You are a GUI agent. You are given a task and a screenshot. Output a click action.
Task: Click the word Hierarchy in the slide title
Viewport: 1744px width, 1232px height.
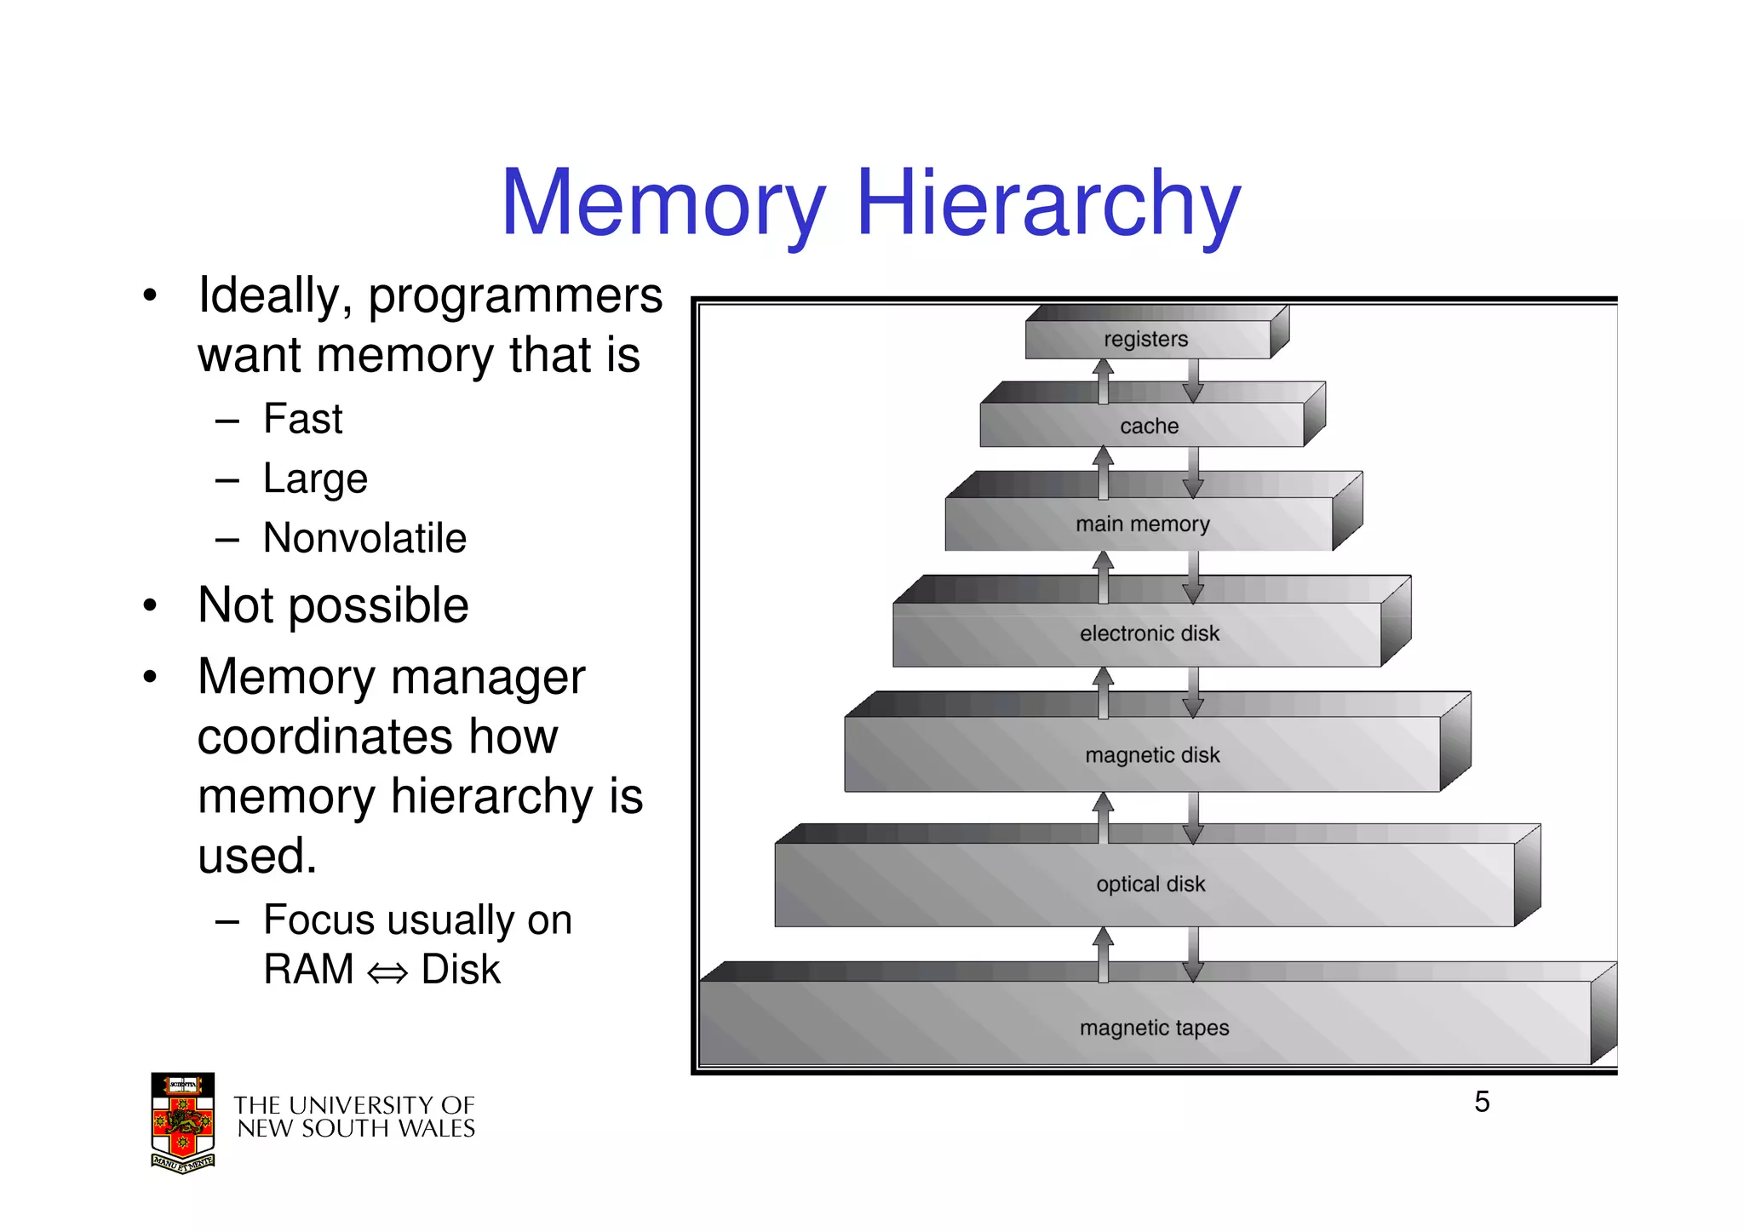pos(1048,204)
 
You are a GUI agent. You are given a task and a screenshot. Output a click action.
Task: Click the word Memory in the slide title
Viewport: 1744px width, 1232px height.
pos(663,204)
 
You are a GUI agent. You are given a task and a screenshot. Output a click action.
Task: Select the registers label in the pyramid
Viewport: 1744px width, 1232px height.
pos(1145,339)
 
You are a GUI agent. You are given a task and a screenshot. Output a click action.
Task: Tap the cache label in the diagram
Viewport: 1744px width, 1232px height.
pos(1149,426)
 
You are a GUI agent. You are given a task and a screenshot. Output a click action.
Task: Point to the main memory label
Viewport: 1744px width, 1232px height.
pos(1142,524)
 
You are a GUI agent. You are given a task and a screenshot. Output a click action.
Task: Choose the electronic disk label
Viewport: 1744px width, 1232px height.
pos(1149,633)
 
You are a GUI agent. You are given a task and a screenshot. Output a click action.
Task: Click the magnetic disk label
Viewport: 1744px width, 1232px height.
pos(1152,755)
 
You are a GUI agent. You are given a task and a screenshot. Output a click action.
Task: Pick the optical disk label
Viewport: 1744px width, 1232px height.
pos(1150,884)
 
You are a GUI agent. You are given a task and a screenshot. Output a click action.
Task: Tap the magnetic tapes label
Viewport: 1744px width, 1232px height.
pos(1154,1028)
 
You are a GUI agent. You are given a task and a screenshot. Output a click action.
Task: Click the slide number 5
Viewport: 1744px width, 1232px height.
pos(1482,1102)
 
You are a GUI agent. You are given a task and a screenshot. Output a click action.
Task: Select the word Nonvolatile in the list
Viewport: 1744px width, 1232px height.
pos(364,538)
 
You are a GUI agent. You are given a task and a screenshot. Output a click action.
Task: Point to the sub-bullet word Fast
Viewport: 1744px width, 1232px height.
pos(302,419)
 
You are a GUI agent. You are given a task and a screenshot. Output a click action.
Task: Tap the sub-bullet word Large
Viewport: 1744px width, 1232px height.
pos(315,478)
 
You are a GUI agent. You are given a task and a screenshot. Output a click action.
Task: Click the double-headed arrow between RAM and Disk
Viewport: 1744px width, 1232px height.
pos(387,972)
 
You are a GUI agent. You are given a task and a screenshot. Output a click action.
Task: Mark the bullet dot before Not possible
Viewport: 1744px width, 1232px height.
pos(151,605)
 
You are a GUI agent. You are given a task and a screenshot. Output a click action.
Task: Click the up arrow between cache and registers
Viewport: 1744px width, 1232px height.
pos(1104,380)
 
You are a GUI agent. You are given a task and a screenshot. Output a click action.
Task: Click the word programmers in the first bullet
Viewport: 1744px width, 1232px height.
pos(515,296)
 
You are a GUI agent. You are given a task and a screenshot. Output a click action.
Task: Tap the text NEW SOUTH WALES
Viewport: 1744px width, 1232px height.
pos(356,1129)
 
